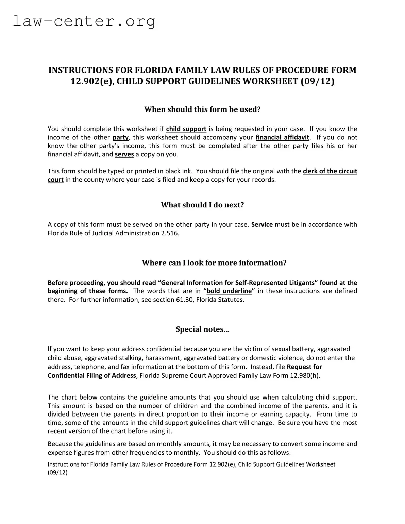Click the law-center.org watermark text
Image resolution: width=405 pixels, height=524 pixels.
pyautogui.click(x=84, y=21)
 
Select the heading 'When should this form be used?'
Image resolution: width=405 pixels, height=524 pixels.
pyautogui.click(x=202, y=109)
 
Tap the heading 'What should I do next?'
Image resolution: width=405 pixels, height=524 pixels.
pyautogui.click(x=202, y=205)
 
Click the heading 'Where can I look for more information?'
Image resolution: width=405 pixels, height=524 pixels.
pyautogui.click(x=214, y=263)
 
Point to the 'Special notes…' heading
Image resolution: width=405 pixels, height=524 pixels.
pyautogui.click(x=202, y=329)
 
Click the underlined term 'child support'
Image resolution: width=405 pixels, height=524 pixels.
pyautogui.click(x=186, y=129)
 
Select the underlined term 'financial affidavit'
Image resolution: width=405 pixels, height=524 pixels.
pyautogui.click(x=282, y=137)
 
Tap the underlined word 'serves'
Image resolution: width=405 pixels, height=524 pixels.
pyautogui.click(x=124, y=154)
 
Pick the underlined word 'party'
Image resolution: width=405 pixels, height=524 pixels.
pyautogui.click(x=120, y=137)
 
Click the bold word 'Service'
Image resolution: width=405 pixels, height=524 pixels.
pyautogui.click(x=262, y=224)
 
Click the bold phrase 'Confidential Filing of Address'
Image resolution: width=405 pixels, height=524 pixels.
pyautogui.click(x=92, y=375)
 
